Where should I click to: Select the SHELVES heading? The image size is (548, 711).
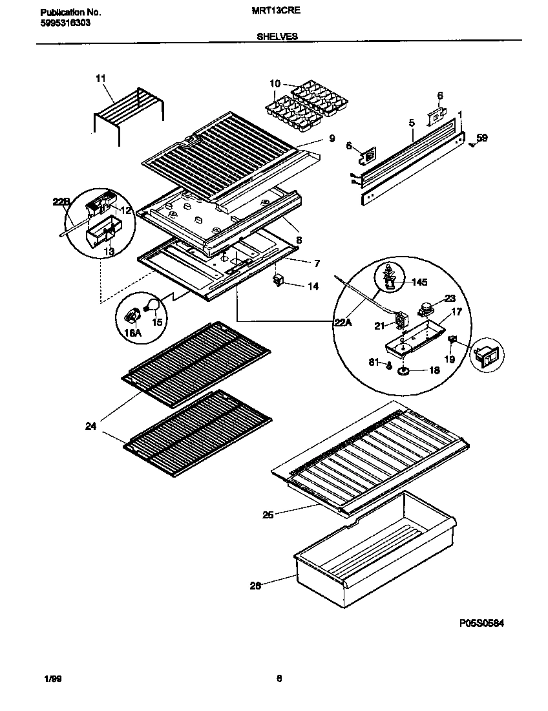pos(277,37)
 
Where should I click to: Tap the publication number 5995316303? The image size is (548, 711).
pos(63,23)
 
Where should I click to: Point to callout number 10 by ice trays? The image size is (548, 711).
pos(275,83)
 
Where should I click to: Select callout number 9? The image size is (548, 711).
pos(332,138)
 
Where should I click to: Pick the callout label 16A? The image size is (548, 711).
pos(132,332)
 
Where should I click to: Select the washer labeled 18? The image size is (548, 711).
pos(404,370)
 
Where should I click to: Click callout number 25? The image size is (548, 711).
pos(267,515)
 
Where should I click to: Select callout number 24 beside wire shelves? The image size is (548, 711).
pos(90,426)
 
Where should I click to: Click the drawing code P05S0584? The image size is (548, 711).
pos(481,623)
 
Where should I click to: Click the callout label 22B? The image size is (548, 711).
pos(61,202)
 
